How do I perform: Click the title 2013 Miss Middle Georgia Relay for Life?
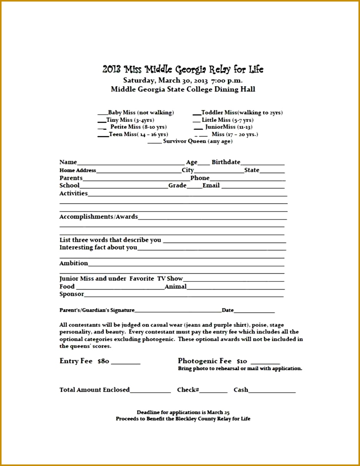tap(183, 70)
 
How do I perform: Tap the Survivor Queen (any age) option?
tap(197, 141)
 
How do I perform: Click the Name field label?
tap(68, 162)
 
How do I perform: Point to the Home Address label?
tap(78, 170)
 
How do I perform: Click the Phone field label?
tap(200, 178)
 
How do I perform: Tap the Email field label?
tap(211, 185)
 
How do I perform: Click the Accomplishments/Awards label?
tap(98, 217)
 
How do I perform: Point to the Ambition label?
tap(73, 263)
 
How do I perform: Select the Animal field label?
tap(176, 286)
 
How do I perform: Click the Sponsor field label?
tap(72, 294)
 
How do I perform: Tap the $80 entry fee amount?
tap(103, 361)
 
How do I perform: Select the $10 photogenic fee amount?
tap(242, 361)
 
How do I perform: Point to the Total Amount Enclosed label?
tap(95, 390)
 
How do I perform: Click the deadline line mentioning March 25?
tap(183, 412)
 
